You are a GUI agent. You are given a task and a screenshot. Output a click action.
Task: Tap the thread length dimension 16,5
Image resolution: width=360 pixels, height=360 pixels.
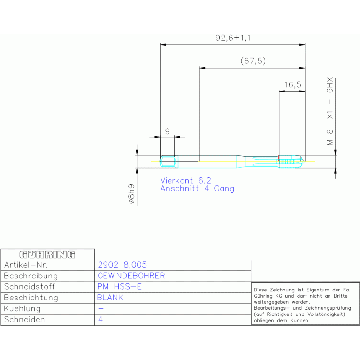click(x=292, y=85)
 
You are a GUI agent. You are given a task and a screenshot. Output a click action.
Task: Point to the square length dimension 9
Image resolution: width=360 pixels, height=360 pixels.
click(x=167, y=132)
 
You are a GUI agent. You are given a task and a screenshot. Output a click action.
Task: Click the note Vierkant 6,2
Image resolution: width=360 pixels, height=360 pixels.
click(x=186, y=180)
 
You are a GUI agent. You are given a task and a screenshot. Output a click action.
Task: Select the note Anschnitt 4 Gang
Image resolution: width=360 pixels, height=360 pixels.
click(x=197, y=189)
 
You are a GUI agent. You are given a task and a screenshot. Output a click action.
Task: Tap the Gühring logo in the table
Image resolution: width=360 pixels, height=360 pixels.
click(x=47, y=254)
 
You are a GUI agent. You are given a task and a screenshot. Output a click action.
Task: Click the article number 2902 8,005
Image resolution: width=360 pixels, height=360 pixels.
click(x=122, y=265)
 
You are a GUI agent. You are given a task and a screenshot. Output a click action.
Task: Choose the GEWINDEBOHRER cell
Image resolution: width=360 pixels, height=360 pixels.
click(x=131, y=276)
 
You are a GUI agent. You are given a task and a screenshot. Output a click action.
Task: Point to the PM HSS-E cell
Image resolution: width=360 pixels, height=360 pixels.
click(x=119, y=287)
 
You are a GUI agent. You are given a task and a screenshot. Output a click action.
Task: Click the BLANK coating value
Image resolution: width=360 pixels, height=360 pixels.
click(x=110, y=298)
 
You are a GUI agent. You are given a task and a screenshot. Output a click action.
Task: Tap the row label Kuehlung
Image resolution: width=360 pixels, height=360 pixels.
click(x=22, y=309)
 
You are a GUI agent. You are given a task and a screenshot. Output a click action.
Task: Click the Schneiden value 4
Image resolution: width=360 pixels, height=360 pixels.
click(x=100, y=320)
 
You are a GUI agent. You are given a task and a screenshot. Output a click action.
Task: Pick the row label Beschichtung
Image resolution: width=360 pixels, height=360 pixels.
click(x=31, y=298)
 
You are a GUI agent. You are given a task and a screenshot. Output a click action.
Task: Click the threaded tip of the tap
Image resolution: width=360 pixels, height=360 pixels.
click(x=290, y=162)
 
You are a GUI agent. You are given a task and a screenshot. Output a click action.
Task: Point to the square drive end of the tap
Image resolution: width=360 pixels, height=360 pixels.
click(x=168, y=162)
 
